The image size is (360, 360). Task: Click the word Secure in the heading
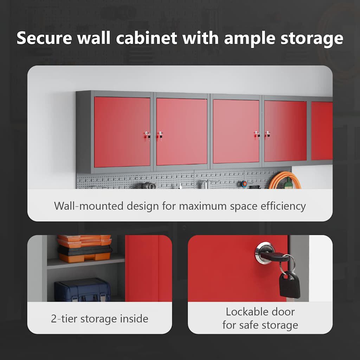pyautogui.click(x=44, y=38)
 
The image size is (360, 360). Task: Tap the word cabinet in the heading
pyautogui.click(x=147, y=38)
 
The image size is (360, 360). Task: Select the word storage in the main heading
pyautogui.click(x=312, y=39)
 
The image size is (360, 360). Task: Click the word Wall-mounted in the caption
pyautogui.click(x=89, y=206)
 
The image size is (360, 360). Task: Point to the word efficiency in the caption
pyautogui.click(x=283, y=206)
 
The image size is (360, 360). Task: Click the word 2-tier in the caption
pyautogui.click(x=64, y=319)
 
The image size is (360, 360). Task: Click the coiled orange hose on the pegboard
pyautogui.click(x=284, y=180)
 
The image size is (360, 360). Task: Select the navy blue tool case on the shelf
pyautogui.click(x=82, y=290)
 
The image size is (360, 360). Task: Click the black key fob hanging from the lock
pyautogui.click(x=290, y=284)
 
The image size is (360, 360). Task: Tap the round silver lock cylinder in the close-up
pyautogui.click(x=264, y=252)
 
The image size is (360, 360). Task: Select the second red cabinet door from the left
pyautogui.click(x=182, y=131)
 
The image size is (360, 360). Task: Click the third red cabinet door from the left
pyautogui.click(x=236, y=131)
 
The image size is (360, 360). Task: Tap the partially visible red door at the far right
pyautogui.click(x=322, y=131)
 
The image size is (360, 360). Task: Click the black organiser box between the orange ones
pyautogui.click(x=85, y=250)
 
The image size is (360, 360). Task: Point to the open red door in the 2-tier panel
pyautogui.click(x=148, y=268)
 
